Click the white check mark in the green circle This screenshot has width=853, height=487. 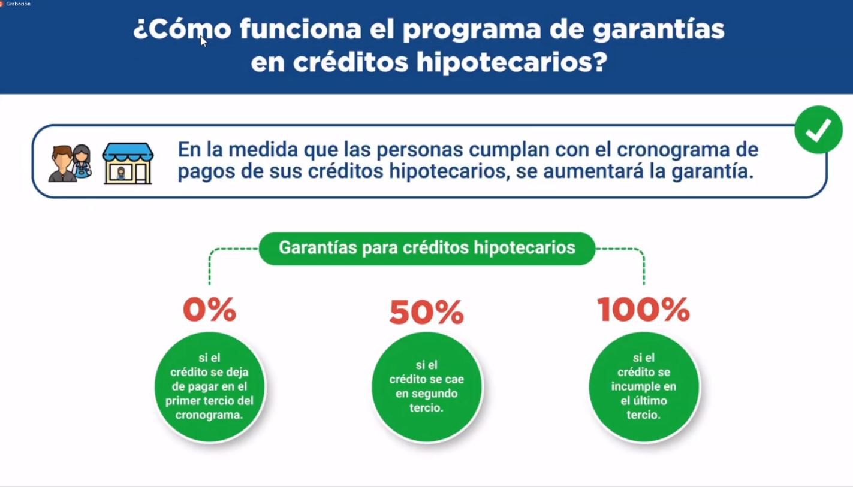point(818,130)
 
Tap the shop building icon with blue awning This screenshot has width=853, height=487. point(128,164)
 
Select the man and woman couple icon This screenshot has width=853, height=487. point(70,163)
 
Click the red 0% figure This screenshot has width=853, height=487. point(209,309)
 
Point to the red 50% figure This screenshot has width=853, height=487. point(427,312)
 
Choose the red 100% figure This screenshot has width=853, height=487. point(644,309)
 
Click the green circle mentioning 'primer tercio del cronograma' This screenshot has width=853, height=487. point(209,387)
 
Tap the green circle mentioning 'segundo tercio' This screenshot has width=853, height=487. point(427,387)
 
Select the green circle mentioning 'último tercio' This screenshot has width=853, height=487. point(644,387)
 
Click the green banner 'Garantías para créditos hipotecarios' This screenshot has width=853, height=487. point(427,249)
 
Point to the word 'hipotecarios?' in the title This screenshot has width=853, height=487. point(512,63)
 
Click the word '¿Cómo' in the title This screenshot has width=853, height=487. point(182,29)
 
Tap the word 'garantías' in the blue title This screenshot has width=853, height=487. point(658,30)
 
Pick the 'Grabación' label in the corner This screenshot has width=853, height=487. point(18,4)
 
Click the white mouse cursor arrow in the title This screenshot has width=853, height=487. point(204,41)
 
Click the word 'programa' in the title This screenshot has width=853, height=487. point(472,30)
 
